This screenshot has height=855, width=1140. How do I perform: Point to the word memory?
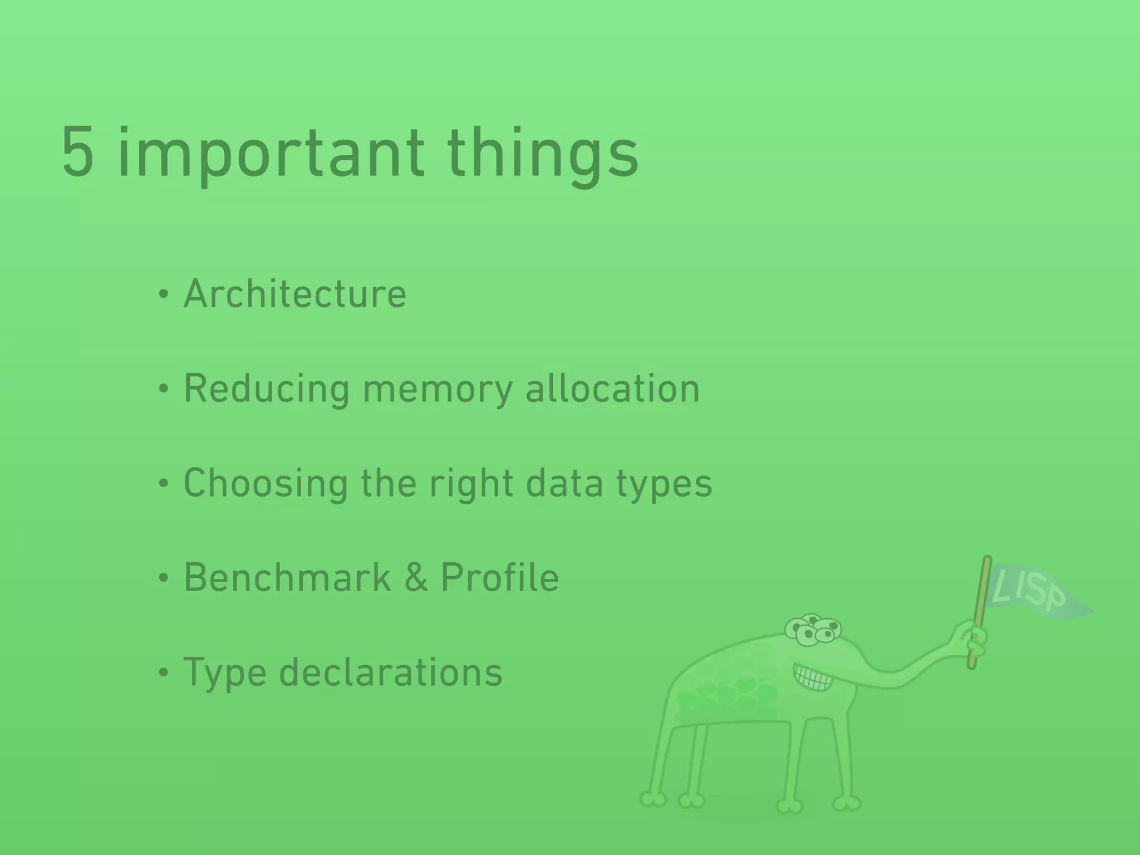pos(438,389)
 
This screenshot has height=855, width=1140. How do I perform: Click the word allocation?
pos(612,389)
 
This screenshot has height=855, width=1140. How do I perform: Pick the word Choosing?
pos(266,483)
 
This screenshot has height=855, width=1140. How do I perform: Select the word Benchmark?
pos(287,577)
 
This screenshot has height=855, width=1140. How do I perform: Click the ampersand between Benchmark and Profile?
pos(416,577)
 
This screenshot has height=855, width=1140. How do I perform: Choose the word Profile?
pos(500,577)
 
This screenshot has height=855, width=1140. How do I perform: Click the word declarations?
pos(391,672)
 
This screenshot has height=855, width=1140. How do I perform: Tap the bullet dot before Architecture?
pos(163,294)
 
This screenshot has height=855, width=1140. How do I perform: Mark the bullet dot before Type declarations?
pos(163,673)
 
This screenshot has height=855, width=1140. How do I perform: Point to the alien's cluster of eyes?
pos(813,630)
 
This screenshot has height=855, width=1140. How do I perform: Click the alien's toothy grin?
pos(814,677)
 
